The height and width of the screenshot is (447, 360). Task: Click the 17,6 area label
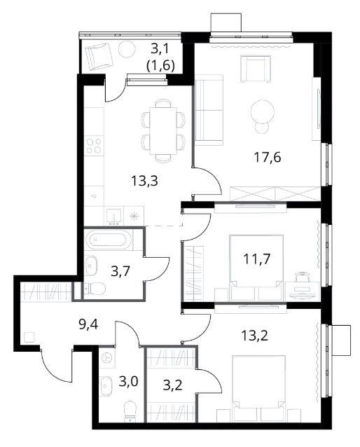coord(267,157)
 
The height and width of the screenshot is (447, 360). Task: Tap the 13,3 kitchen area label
coord(144,181)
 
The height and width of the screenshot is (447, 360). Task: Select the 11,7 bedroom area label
coord(256,259)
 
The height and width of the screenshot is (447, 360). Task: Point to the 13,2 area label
coord(255,336)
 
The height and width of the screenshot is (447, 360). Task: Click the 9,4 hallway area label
coord(88,324)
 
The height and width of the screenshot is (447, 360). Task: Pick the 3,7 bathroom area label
coord(120,271)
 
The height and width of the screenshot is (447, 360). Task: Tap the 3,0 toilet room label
coord(128,381)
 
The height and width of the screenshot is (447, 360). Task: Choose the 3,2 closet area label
coord(173,385)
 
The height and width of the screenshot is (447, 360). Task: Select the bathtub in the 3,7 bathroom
coord(109,240)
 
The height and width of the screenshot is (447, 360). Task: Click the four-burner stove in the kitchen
coord(94,146)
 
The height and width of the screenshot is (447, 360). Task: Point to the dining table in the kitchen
coord(163,131)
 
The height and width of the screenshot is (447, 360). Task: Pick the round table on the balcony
coord(127,49)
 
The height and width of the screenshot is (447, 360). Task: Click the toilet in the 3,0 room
coord(130,411)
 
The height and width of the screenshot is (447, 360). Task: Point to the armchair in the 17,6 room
coord(255,69)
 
